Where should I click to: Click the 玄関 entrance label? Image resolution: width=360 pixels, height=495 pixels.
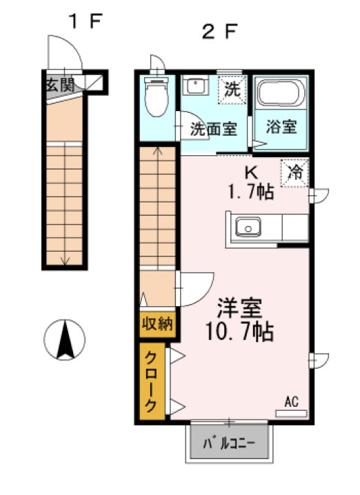click(x=61, y=85)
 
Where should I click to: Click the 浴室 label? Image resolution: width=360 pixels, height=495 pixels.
click(x=282, y=127)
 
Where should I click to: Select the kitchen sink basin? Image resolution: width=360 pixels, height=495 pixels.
click(x=246, y=225)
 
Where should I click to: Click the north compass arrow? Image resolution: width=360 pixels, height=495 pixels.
click(x=65, y=340)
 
